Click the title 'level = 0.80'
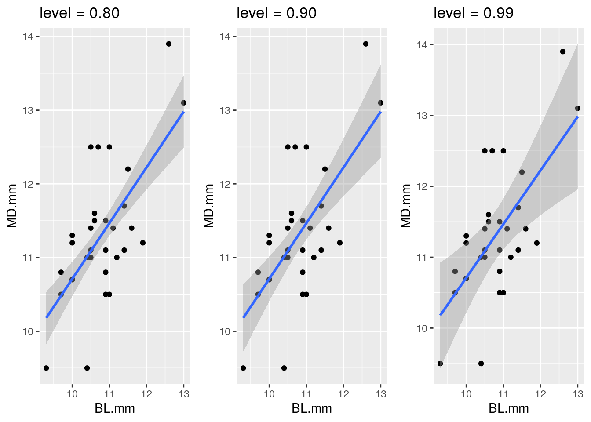click(x=80, y=13)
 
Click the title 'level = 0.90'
click(x=277, y=13)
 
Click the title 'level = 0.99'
click(x=474, y=13)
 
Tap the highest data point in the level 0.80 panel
click(x=169, y=44)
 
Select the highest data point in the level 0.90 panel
click(x=366, y=44)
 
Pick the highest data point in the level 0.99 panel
click(x=563, y=51)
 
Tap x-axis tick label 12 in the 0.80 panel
click(x=146, y=394)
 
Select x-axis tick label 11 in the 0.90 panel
click(x=306, y=394)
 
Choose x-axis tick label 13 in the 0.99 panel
click(x=578, y=394)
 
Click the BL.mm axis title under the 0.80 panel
click(x=115, y=409)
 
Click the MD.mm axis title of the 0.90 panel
click(x=209, y=205)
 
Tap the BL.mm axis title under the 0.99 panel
click(x=509, y=409)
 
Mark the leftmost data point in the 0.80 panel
click(x=46, y=368)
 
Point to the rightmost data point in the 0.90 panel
click(x=381, y=103)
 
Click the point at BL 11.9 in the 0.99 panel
click(x=536, y=243)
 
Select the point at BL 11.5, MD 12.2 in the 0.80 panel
click(x=128, y=169)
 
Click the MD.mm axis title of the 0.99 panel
click(x=406, y=205)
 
